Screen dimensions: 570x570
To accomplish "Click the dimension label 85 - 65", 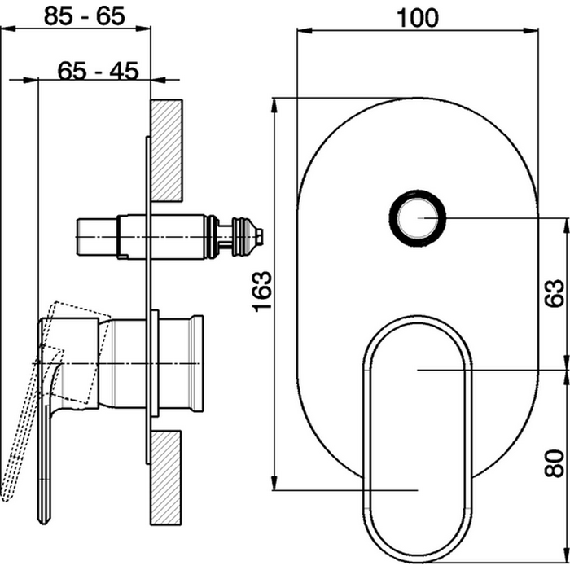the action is [85, 16].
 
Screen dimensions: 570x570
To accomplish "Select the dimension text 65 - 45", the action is [99, 71].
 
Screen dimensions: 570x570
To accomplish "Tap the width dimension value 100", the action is [418, 18].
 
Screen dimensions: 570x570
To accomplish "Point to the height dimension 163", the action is [261, 292].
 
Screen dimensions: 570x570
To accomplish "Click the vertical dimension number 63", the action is [555, 293].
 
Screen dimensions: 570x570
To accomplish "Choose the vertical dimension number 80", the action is [555, 463].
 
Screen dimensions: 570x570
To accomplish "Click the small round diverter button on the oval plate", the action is [417, 218].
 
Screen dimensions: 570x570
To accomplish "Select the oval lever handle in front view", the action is [418, 438].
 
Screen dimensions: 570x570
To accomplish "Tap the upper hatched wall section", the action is [166, 151].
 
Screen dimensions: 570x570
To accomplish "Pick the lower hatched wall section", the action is [166, 478].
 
